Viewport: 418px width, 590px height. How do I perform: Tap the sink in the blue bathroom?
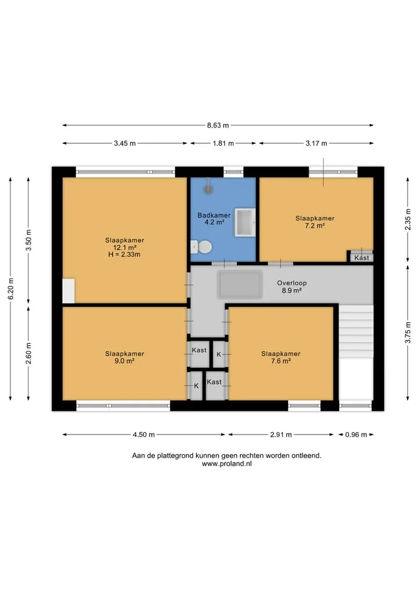(245, 222)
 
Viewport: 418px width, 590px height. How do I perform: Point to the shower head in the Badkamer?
(208, 189)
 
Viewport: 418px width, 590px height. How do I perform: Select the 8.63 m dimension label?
(218, 125)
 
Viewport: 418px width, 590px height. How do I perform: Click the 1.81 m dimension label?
(224, 143)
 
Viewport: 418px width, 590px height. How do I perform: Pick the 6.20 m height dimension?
(11, 289)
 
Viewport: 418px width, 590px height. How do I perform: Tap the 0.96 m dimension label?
(356, 435)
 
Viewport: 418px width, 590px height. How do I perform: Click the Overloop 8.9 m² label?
(292, 287)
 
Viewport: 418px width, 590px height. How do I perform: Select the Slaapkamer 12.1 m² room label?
(125, 244)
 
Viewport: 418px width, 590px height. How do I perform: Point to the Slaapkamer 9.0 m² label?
(125, 357)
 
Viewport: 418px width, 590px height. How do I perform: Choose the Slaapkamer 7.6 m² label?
(281, 357)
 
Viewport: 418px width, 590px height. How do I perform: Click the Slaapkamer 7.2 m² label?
(315, 222)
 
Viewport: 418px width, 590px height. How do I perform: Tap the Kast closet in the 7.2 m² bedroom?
(362, 256)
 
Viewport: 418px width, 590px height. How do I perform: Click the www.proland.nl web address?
(226, 464)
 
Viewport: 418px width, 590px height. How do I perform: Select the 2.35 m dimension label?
(408, 219)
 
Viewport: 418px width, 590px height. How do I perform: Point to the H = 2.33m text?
(124, 255)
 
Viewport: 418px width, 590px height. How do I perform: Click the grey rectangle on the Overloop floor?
(240, 284)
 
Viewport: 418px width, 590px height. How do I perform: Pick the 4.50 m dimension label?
(143, 435)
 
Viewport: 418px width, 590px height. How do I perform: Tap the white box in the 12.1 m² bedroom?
(69, 291)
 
